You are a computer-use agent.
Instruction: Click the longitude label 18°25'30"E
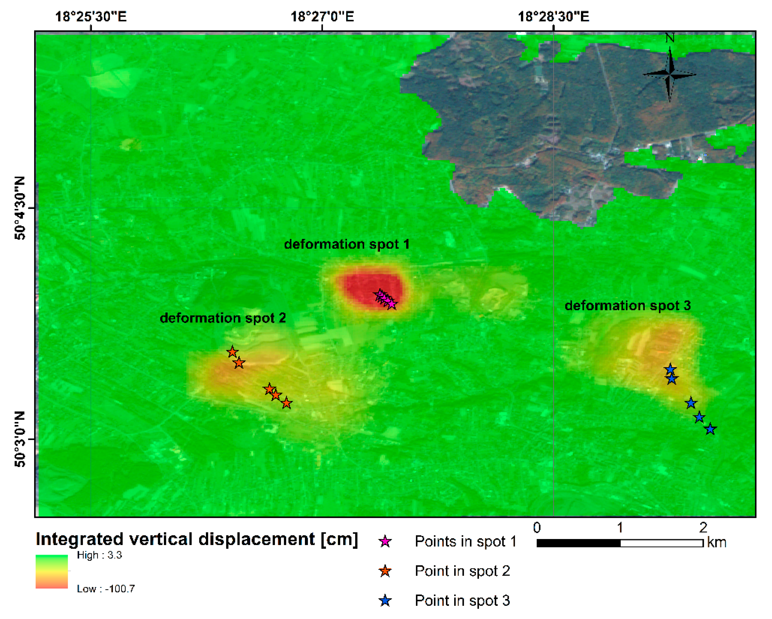pyautogui.click(x=91, y=16)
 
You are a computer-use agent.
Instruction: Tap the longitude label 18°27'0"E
pyautogui.click(x=322, y=16)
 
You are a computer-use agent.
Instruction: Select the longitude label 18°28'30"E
pyautogui.click(x=553, y=16)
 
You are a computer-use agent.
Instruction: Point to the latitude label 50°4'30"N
pyautogui.click(x=20, y=208)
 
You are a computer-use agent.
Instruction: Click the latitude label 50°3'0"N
pyautogui.click(x=20, y=439)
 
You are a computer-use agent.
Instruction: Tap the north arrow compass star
pyautogui.click(x=670, y=74)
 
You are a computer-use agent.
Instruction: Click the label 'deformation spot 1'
pyautogui.click(x=346, y=244)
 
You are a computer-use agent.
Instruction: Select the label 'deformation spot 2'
pyautogui.click(x=223, y=317)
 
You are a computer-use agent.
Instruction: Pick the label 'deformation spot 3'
pyautogui.click(x=627, y=305)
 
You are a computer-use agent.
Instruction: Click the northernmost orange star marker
pyautogui.click(x=232, y=352)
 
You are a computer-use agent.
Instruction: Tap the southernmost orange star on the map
pyautogui.click(x=286, y=403)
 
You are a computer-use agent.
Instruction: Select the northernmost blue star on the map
pyautogui.click(x=670, y=369)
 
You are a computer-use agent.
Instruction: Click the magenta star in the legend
pyautogui.click(x=385, y=541)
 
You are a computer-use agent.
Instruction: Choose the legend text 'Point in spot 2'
pyautogui.click(x=462, y=571)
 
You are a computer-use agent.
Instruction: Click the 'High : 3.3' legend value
pyautogui.click(x=100, y=555)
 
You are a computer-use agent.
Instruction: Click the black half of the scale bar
pyautogui.click(x=578, y=543)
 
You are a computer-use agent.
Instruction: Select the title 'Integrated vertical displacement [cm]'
pyautogui.click(x=197, y=539)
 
